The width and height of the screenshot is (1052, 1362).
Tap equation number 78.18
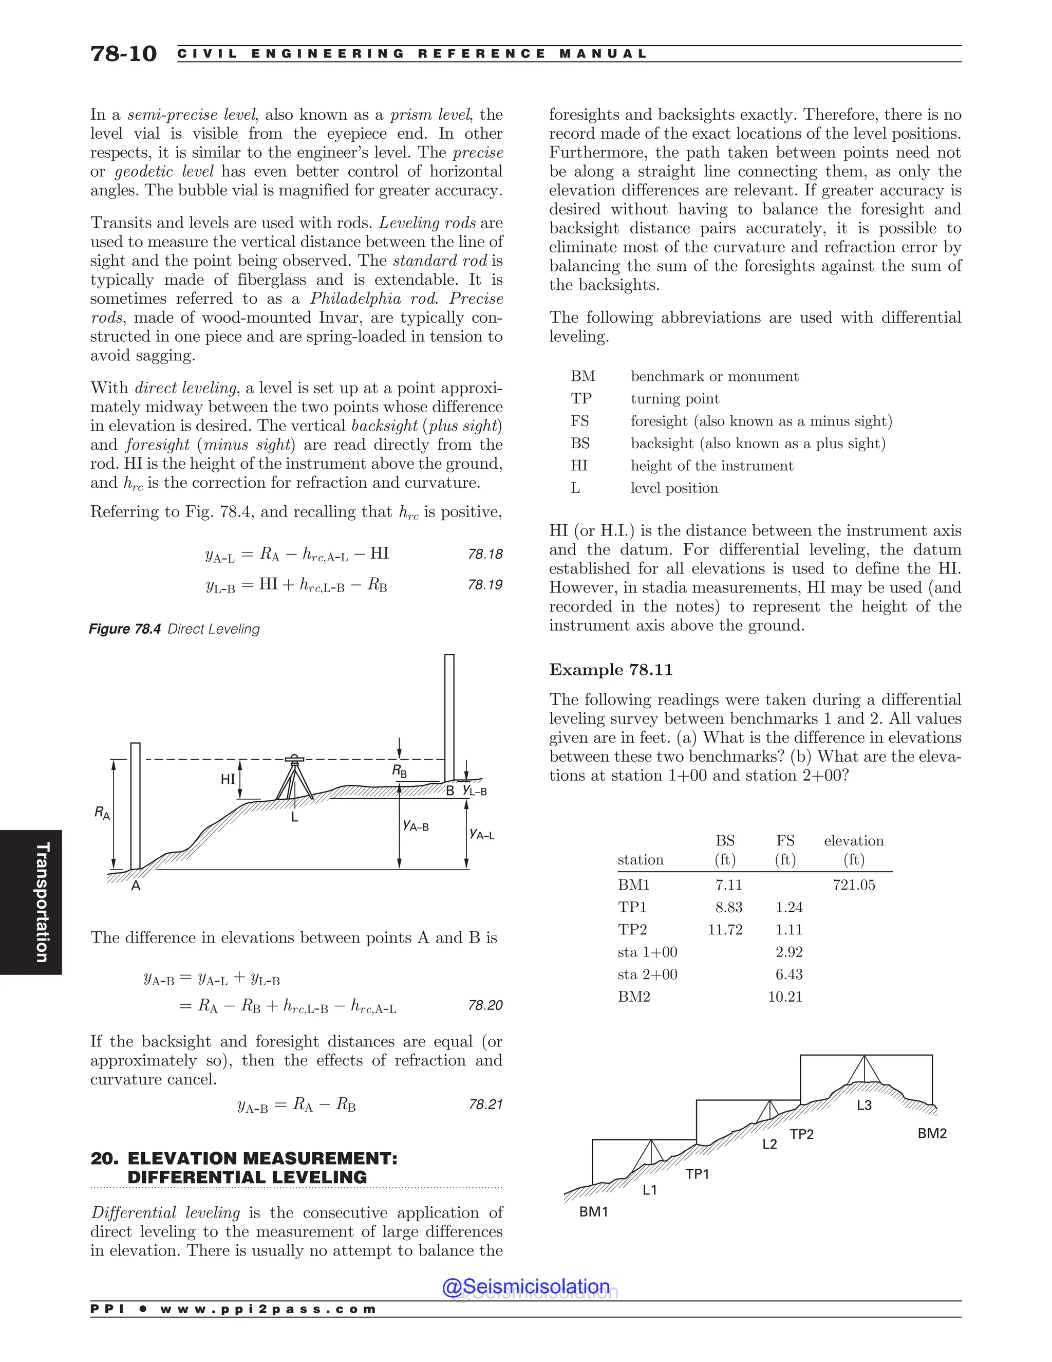coord(485,554)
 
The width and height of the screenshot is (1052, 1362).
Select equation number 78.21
coord(485,1104)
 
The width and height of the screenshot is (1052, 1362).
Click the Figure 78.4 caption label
coord(125,629)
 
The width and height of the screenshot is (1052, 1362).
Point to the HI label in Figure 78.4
coord(228,779)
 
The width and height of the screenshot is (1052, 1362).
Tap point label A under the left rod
coord(136,886)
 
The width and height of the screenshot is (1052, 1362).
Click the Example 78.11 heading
coord(611,670)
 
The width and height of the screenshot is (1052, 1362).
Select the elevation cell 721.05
coord(854,885)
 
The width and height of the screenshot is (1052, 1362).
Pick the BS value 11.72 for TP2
coord(725,930)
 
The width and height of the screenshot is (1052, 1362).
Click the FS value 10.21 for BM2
coord(785,997)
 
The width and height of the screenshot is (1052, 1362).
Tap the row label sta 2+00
coord(648,974)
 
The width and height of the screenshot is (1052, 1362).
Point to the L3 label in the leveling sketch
coord(864,1105)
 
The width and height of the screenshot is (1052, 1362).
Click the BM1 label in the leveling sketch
coord(593,1212)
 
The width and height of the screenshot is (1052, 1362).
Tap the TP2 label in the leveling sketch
coord(801,1134)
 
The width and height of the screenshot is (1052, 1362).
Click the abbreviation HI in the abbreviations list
coord(579,466)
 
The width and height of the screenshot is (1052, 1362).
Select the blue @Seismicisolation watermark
coord(525,1286)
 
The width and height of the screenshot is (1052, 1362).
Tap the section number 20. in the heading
coord(104,1158)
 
